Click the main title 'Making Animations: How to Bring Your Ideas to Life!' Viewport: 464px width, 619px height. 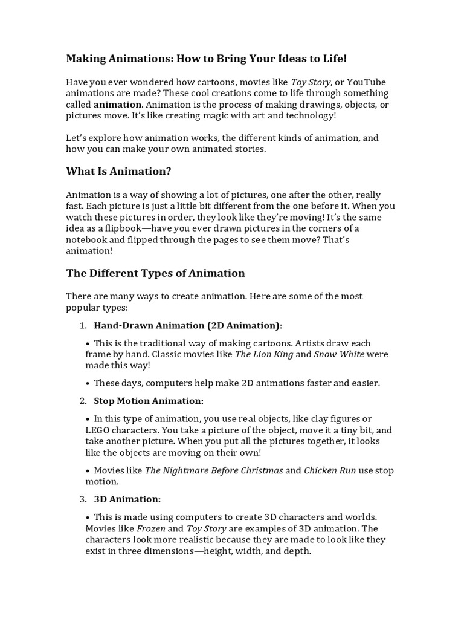click(207, 59)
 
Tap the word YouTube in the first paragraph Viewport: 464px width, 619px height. click(366, 82)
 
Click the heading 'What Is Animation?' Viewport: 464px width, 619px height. click(118, 172)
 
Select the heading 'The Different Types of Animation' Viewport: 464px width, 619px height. click(155, 273)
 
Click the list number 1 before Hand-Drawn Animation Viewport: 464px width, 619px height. click(83, 326)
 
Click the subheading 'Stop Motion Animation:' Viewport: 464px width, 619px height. click(149, 401)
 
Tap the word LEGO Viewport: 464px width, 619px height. click(99, 430)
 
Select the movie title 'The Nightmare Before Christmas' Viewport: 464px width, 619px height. click(214, 470)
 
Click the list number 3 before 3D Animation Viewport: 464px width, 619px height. click(83, 499)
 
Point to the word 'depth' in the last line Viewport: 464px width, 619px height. click(296, 551)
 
